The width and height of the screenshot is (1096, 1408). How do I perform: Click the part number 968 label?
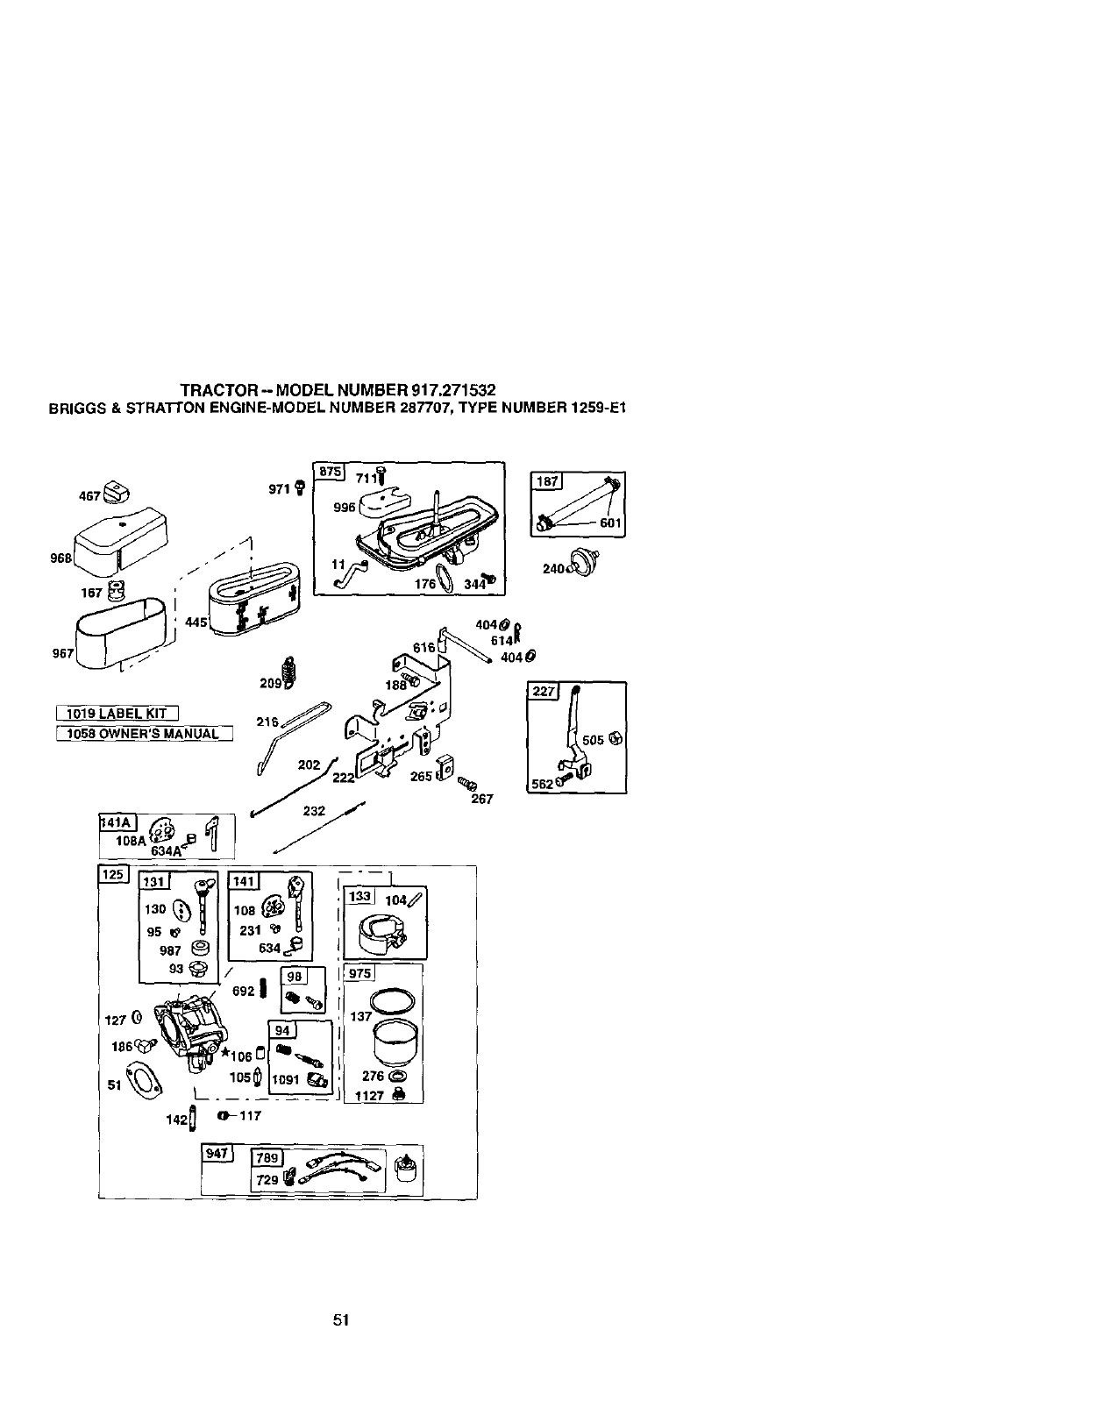[x=61, y=558]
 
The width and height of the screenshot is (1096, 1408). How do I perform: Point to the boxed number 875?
[x=331, y=471]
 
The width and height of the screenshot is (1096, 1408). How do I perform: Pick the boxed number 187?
[x=546, y=480]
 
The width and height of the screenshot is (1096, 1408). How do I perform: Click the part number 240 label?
[x=553, y=569]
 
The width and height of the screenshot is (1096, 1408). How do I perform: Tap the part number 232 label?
[x=314, y=811]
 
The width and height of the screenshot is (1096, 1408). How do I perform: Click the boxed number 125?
[x=114, y=874]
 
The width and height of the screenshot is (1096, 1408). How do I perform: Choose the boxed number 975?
[x=359, y=973]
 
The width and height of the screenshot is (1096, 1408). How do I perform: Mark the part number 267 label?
[x=481, y=799]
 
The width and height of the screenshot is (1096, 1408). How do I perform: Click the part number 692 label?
[x=244, y=991]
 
